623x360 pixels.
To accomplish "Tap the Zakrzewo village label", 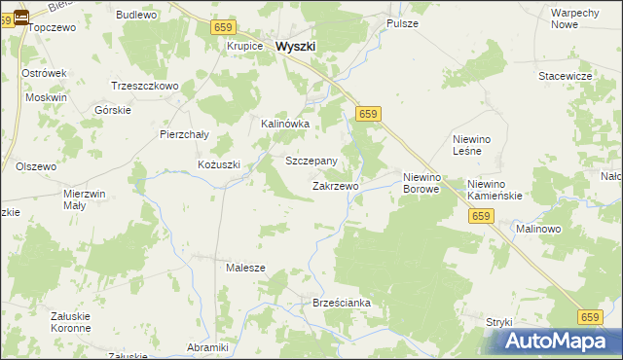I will coord(336,185).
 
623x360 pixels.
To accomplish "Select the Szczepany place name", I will coord(311,161).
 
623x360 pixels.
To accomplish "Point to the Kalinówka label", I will coord(285,124).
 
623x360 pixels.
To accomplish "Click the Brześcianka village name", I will coord(342,303).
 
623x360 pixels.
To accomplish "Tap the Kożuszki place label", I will coord(218,164).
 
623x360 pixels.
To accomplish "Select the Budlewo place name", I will coord(136,16).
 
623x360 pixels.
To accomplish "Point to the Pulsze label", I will coord(402,22).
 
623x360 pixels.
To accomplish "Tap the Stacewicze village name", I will coord(567,75).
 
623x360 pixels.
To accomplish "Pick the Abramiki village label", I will coord(207,347).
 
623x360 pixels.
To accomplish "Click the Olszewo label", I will coord(36,166).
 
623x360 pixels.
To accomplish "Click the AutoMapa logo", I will coord(559,341).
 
